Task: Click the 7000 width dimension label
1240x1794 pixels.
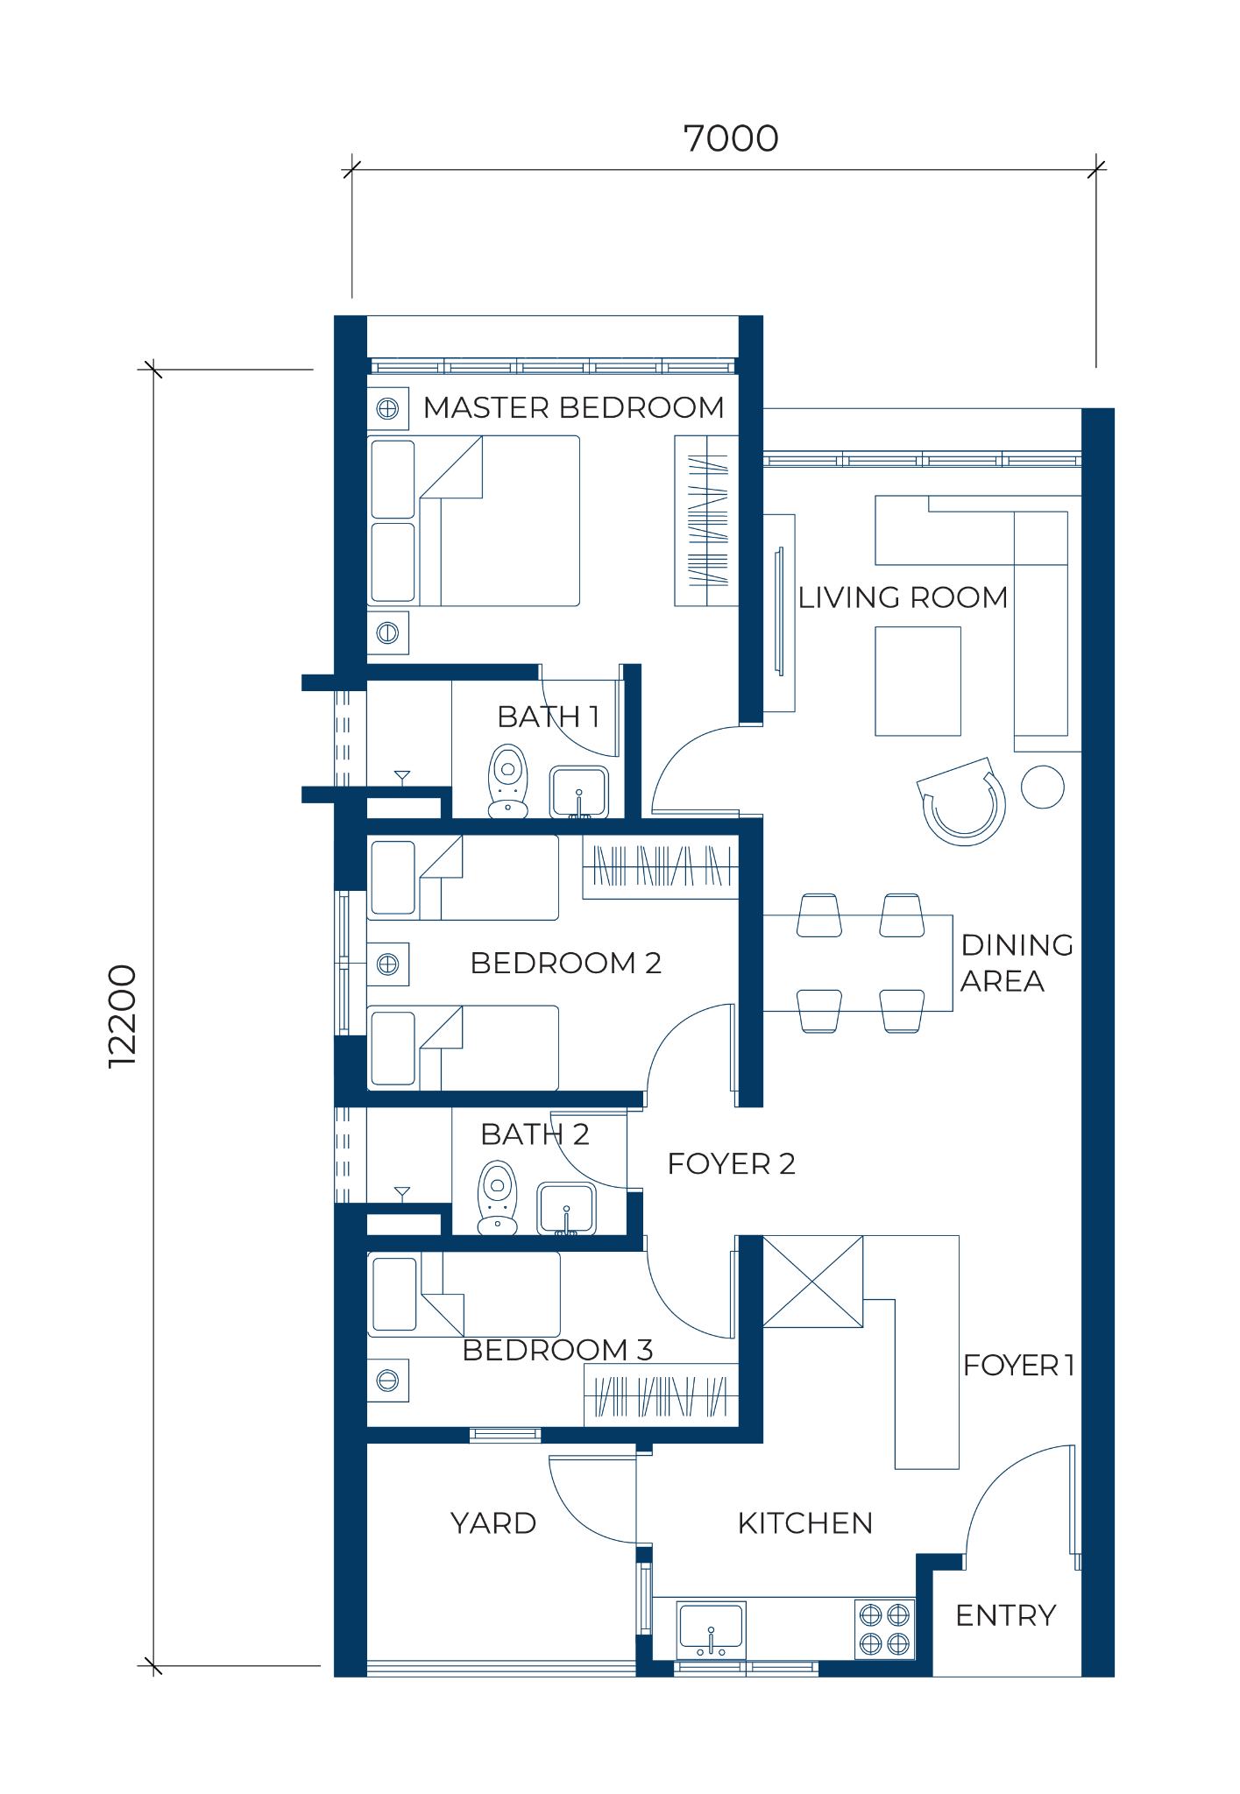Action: click(x=731, y=138)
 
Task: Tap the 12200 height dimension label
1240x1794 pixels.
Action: click(x=122, y=1016)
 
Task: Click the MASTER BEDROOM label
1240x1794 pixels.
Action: click(x=574, y=407)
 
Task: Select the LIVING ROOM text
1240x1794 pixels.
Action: click(x=903, y=597)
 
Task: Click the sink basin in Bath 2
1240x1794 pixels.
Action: click(x=566, y=1209)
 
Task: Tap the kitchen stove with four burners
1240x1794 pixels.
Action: click(x=884, y=1629)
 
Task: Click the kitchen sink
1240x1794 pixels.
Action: click(x=711, y=1630)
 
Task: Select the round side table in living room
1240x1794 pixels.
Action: click(x=1043, y=787)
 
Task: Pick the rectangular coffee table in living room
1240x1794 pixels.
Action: click(x=918, y=681)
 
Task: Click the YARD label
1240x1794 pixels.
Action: click(x=493, y=1523)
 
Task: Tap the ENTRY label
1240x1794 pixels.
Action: click(x=1006, y=1615)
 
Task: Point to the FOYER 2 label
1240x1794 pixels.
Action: click(x=732, y=1163)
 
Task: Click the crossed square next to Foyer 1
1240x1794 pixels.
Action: click(x=813, y=1282)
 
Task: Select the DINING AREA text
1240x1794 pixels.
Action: click(x=1017, y=963)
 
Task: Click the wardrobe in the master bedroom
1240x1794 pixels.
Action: click(x=706, y=521)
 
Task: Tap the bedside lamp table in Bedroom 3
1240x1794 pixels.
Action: click(x=387, y=1381)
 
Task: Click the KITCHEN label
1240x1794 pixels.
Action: click(x=805, y=1523)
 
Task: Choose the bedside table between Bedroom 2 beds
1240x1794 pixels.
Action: click(x=387, y=964)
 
